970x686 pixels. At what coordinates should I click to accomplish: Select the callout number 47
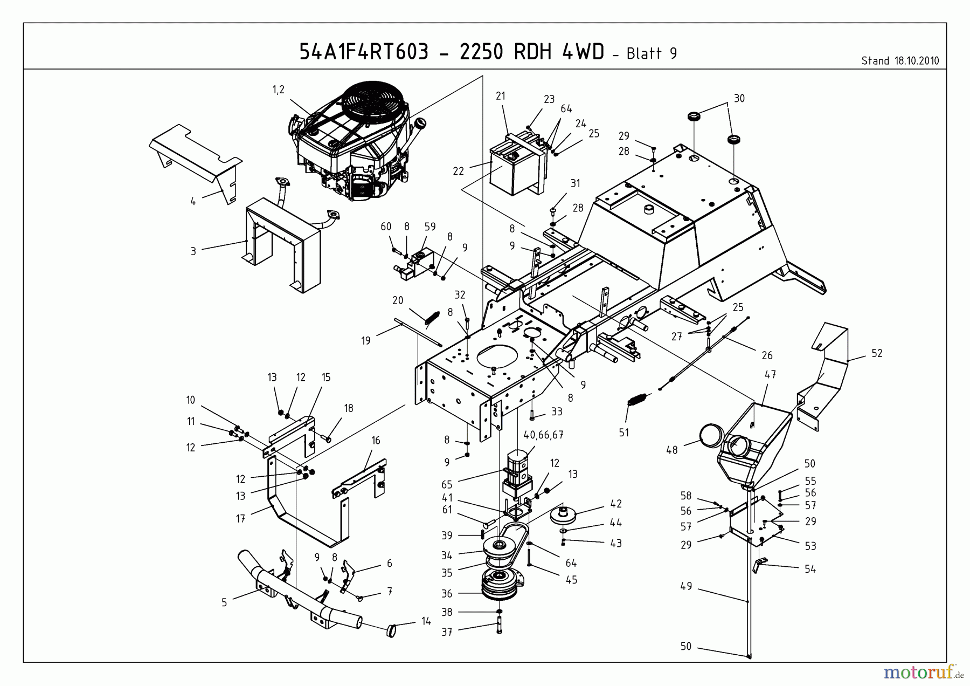point(770,374)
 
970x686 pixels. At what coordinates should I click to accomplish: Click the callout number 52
point(877,353)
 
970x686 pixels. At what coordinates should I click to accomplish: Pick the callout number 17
point(240,518)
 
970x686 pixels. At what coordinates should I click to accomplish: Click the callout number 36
point(447,594)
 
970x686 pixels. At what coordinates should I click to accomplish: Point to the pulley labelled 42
point(564,514)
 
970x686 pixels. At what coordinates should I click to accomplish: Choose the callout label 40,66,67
point(543,435)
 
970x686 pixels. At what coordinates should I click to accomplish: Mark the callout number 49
point(685,586)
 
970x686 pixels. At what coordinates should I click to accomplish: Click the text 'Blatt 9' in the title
point(652,53)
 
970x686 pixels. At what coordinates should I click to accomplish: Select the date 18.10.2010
point(917,61)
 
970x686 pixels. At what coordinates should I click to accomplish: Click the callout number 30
point(739,98)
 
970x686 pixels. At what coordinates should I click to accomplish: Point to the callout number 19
point(366,341)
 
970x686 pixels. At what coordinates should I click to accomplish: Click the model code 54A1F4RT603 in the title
point(364,52)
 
